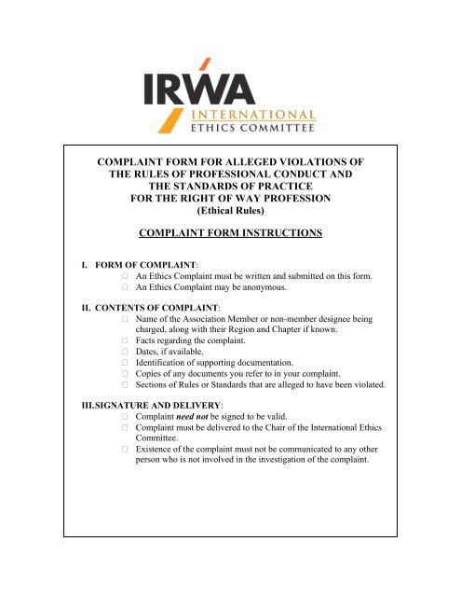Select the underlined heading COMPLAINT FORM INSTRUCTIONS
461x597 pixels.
(x=230, y=232)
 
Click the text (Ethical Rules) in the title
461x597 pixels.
(x=230, y=210)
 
